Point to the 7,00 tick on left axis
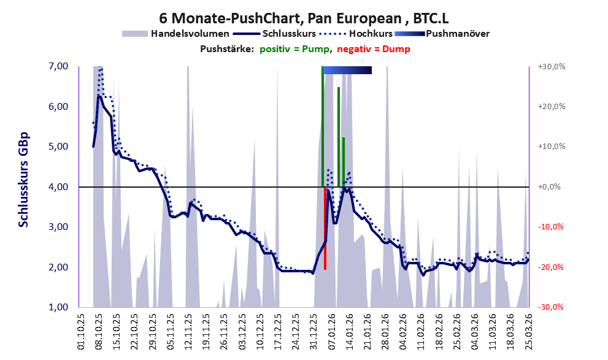[x=58, y=66]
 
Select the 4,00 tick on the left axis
[x=58, y=186]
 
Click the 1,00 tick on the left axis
[x=58, y=307]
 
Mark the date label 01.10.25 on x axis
[x=82, y=331]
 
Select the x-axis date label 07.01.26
[x=331, y=331]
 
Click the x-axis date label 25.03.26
[x=528, y=331]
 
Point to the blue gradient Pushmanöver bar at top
[x=347, y=71]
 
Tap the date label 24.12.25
[x=296, y=331]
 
